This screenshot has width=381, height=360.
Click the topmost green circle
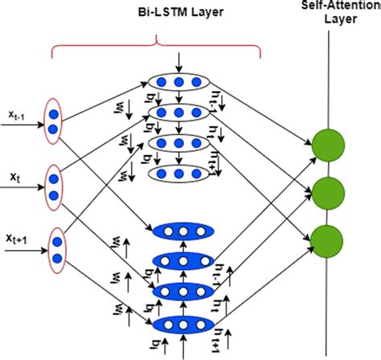tap(326, 144)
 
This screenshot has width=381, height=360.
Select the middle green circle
tap(326, 191)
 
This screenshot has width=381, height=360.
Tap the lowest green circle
tap(326, 239)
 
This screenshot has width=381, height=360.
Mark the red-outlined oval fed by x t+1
tap(57, 248)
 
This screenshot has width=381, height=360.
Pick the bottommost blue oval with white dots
tap(174, 324)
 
